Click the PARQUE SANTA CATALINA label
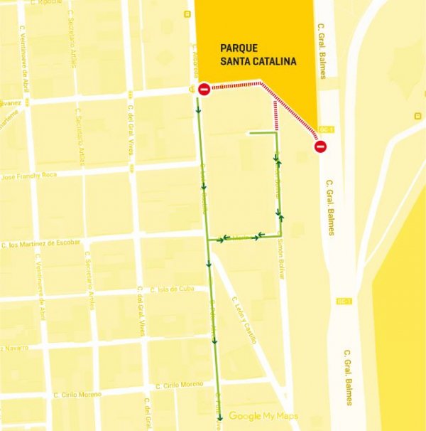258,55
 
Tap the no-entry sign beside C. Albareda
204,90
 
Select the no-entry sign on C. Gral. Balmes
320,147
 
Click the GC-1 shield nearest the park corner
326,129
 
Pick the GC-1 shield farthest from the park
345,301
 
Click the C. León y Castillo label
241,319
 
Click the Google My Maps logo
263,416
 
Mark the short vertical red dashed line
275,115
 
